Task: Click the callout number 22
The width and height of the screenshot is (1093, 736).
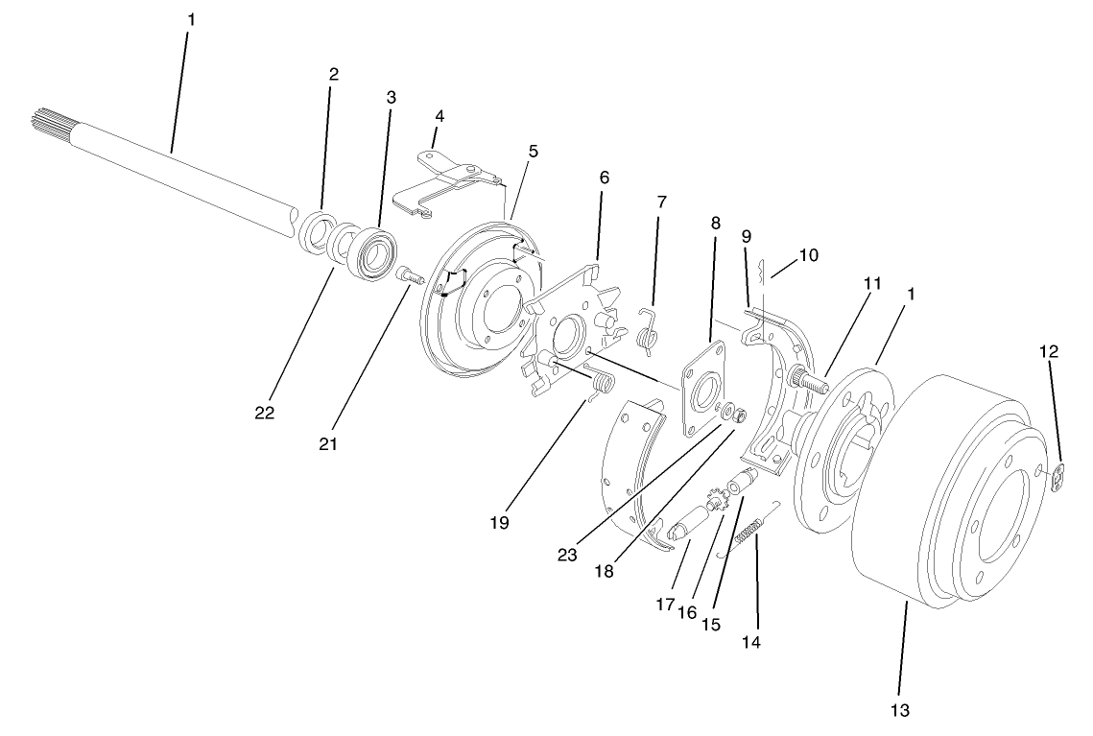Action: [264, 414]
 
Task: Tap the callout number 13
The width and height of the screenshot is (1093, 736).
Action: [899, 710]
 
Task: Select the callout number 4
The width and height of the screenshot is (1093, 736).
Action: [440, 115]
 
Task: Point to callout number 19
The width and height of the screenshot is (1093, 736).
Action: [499, 523]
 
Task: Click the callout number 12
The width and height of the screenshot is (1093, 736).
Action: [1049, 351]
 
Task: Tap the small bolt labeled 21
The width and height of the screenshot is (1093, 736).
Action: [410, 275]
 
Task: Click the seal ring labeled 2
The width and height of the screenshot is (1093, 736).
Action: [314, 233]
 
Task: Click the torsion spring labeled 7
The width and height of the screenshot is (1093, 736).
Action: [649, 328]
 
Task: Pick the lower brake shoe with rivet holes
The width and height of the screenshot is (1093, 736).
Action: [629, 470]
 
